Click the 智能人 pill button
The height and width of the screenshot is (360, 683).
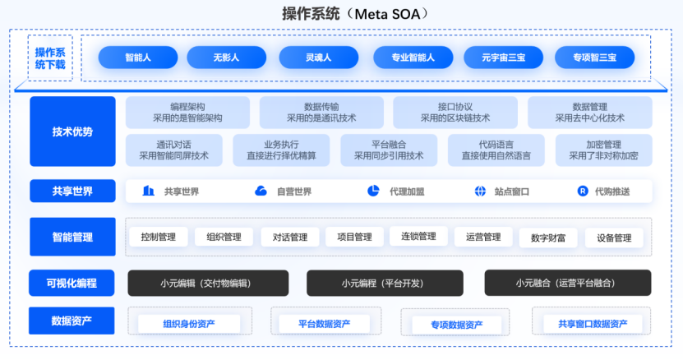coord(137,58)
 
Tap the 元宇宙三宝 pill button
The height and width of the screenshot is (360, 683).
coord(503,58)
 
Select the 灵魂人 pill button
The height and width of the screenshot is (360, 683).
coord(318,58)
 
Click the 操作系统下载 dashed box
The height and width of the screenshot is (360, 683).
coord(50,58)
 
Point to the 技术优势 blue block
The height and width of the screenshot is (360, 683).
coord(72,132)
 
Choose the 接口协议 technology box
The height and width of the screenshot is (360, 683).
coord(455,113)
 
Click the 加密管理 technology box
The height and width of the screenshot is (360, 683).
coord(604,150)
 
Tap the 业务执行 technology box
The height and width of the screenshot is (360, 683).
coord(281,150)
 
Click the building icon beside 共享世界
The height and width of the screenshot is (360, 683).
coord(149,191)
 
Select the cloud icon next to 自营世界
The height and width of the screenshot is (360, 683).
coord(261,191)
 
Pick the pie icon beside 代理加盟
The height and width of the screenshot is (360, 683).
coord(373,191)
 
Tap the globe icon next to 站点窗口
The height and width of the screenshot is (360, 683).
coord(480,192)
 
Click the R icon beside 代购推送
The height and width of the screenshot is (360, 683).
coord(583,191)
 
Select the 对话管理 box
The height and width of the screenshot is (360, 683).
coord(289,237)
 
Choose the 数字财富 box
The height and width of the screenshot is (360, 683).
coord(548,238)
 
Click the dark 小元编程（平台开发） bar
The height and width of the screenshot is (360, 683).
coord(385,284)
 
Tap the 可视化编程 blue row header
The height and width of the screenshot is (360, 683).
coord(72,284)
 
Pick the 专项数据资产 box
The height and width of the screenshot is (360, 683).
coord(456,325)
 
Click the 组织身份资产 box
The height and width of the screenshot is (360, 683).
coord(189,324)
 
